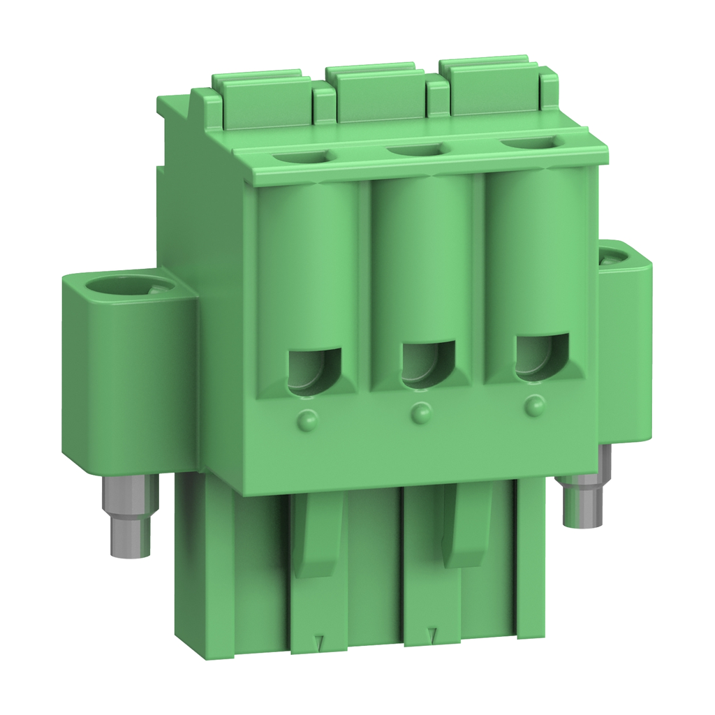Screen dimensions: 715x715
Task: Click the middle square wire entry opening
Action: click(428, 363)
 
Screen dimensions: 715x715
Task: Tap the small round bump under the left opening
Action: click(307, 420)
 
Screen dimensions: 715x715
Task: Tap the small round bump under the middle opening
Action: click(420, 413)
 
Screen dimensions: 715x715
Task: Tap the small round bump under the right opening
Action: click(535, 405)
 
